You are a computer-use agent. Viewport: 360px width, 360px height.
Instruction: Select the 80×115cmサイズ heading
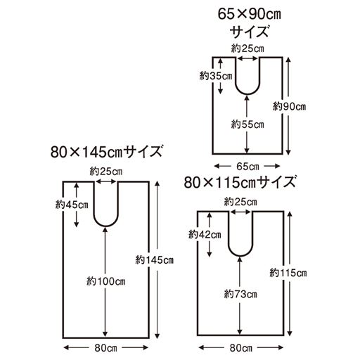(241, 182)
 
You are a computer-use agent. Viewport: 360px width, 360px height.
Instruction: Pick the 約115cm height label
(288, 272)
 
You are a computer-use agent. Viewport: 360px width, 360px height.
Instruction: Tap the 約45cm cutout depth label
(72, 205)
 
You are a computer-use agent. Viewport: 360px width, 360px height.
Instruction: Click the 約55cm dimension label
(247, 124)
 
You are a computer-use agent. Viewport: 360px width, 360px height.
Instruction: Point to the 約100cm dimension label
(105, 281)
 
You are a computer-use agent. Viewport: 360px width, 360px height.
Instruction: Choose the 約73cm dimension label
(240, 292)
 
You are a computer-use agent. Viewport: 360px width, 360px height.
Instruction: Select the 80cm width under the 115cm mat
(240, 348)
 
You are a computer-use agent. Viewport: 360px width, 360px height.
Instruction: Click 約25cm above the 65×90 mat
(247, 48)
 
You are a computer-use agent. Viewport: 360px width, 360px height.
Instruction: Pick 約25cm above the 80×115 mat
(240, 202)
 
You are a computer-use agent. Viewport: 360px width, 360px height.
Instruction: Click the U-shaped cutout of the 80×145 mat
(105, 204)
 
